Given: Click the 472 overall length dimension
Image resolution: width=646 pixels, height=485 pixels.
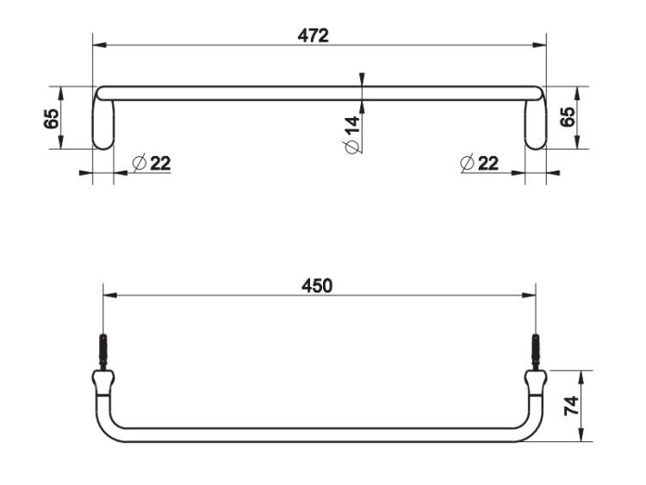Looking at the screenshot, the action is click(314, 36).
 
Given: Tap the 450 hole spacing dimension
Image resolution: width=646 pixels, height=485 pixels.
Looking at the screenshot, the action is click(317, 286).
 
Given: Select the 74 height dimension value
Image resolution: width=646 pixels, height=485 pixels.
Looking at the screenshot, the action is click(571, 406).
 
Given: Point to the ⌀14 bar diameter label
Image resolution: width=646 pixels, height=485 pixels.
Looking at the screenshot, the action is click(351, 134).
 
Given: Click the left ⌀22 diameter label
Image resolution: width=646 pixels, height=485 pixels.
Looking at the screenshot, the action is click(152, 163).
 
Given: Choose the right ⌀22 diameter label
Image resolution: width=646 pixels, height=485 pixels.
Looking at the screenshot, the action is click(479, 163).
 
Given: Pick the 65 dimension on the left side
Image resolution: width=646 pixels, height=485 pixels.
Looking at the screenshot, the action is click(52, 119).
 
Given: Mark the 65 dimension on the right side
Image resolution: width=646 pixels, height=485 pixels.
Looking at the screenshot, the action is click(568, 117).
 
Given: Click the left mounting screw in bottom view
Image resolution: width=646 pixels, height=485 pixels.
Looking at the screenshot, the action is click(103, 351).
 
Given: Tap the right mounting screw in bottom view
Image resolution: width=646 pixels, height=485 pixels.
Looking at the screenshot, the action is click(536, 351).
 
